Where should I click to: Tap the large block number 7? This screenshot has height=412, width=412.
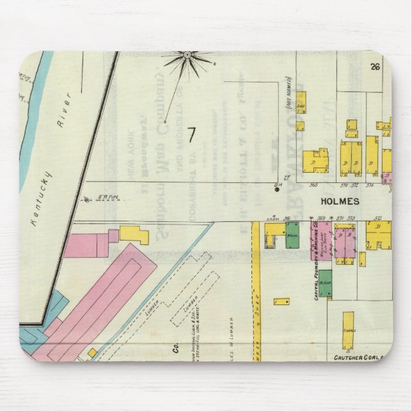pos(191,135)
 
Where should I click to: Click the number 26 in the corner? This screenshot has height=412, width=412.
pos(375,66)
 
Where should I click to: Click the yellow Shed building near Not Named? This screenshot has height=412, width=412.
pos(301,102)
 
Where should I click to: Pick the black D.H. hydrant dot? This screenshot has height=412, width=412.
pos(277,190)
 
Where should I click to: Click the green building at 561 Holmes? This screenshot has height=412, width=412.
pos(292,232)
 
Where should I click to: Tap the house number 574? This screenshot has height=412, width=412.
pos(370,186)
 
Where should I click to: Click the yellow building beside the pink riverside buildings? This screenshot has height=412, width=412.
pos(134,234)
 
